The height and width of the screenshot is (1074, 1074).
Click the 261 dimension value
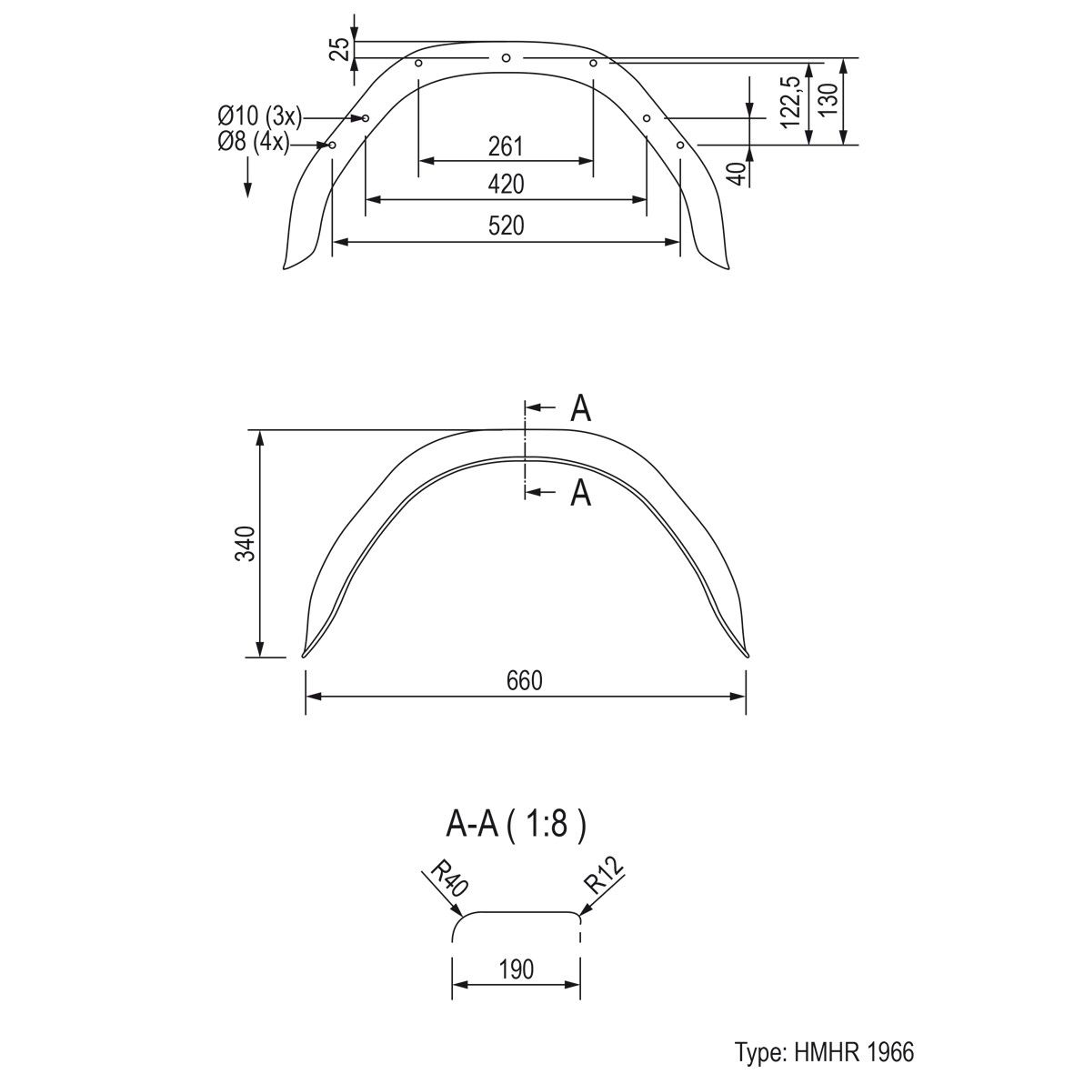506,146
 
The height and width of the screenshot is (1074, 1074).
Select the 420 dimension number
507,185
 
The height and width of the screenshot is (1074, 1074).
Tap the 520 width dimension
507,226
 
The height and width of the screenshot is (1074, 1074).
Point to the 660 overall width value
525,680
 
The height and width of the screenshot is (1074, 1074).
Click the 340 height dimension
245,544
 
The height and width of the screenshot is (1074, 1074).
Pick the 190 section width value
516,969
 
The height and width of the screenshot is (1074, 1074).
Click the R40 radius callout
448,878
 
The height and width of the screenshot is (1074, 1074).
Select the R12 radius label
605,876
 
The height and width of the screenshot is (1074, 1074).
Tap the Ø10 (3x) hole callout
259,117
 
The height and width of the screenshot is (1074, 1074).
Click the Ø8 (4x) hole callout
254,142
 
